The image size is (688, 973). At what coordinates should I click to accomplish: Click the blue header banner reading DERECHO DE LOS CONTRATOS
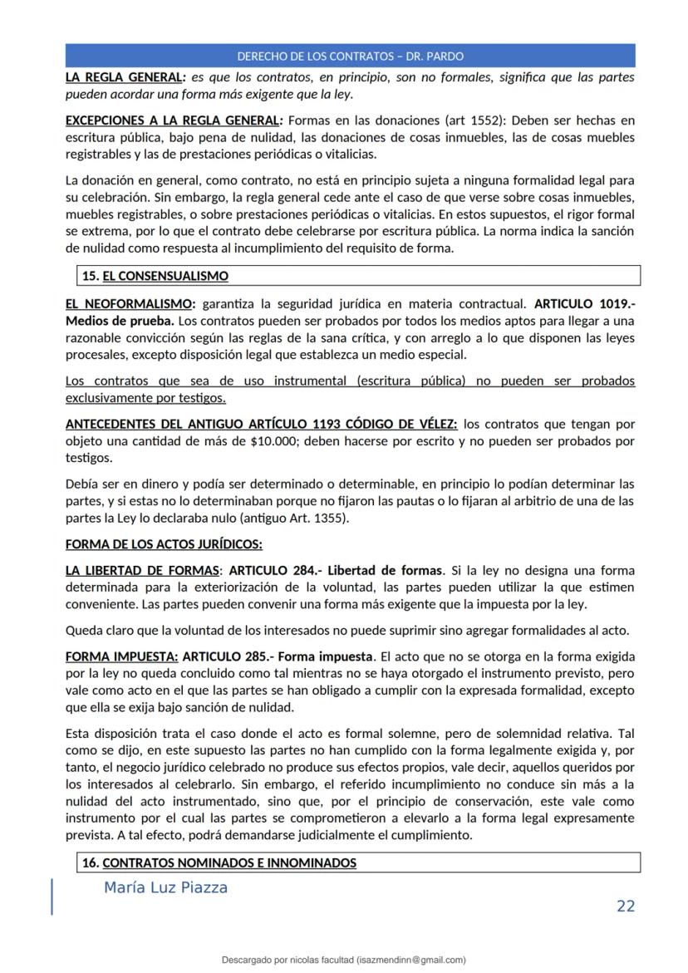(x=350, y=57)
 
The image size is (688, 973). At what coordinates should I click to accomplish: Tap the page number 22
(x=625, y=906)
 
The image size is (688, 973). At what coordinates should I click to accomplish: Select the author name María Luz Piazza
(x=165, y=887)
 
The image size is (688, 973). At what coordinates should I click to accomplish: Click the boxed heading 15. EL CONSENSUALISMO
(x=155, y=276)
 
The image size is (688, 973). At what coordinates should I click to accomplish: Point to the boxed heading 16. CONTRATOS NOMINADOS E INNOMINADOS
(x=219, y=863)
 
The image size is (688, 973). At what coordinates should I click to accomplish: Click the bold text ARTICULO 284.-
(x=275, y=571)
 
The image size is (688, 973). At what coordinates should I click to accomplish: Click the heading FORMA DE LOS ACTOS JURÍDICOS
(x=164, y=545)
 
